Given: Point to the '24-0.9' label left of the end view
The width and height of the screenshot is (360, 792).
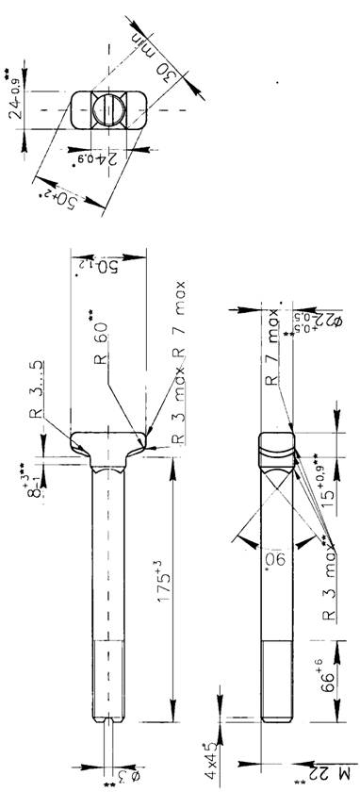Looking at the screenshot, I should [x=15, y=99].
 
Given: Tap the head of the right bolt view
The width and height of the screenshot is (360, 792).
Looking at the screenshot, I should [x=275, y=448].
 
